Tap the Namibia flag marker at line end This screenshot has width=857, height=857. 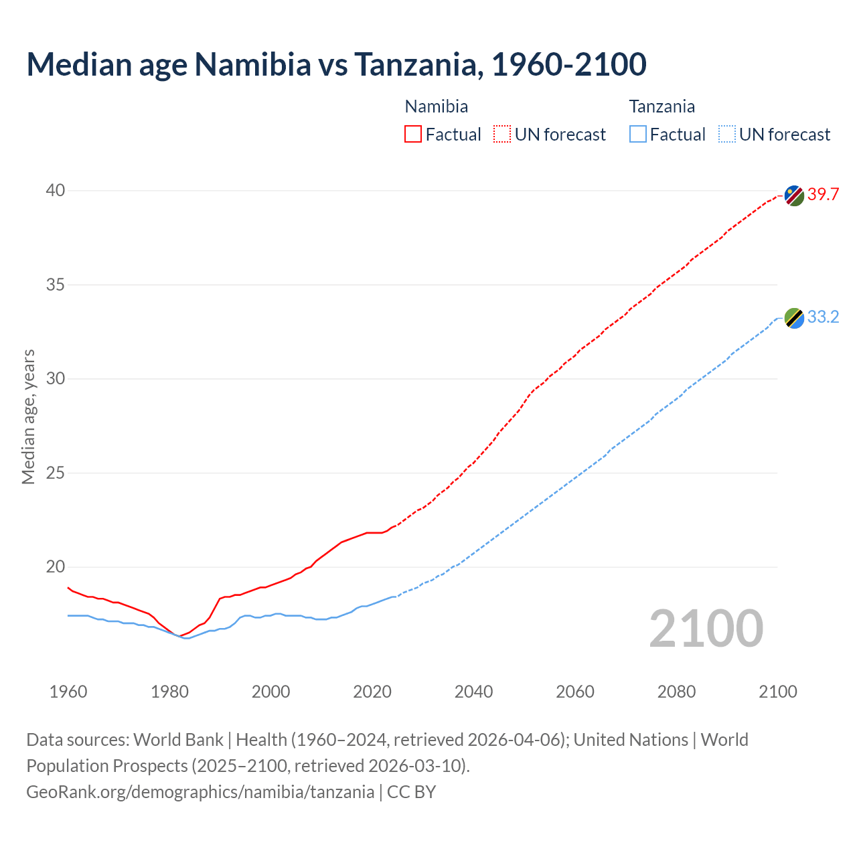(794, 196)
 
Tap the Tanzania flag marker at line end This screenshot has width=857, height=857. (794, 318)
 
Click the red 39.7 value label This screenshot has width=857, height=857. (823, 195)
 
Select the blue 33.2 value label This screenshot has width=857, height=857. (823, 317)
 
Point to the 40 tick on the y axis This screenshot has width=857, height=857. (55, 191)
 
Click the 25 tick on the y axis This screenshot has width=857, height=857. (55, 473)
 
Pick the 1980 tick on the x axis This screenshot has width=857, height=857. (169, 692)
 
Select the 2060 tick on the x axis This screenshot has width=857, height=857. (575, 692)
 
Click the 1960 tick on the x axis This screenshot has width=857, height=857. (68, 692)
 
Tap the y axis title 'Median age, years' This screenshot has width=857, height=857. (28, 416)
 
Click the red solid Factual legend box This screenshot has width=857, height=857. (413, 135)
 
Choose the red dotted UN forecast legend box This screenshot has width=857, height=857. (502, 135)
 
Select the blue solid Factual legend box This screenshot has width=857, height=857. (638, 135)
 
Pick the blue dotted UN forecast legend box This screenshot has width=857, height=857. (726, 135)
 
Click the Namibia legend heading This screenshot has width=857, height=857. (437, 106)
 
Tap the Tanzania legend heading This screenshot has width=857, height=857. (661, 106)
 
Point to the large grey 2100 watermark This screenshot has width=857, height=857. (706, 629)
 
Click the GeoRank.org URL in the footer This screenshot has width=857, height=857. (200, 792)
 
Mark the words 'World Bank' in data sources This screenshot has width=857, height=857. (178, 740)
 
